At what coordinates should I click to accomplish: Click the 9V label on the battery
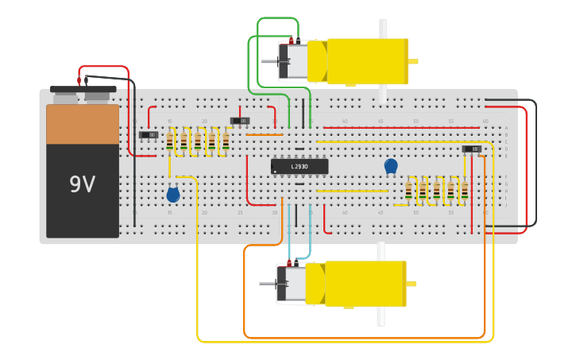[x=82, y=184]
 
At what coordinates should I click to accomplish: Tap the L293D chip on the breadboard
[x=300, y=166]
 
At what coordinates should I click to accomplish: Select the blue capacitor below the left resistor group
[x=172, y=194]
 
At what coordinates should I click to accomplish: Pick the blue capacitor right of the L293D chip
[x=391, y=165]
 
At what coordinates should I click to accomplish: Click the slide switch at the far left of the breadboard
[x=149, y=134]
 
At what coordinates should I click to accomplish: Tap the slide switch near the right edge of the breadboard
[x=472, y=149]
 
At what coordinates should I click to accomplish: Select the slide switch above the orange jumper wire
[x=240, y=121]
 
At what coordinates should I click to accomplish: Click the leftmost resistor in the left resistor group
[x=170, y=141]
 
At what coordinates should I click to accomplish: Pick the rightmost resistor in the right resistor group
[x=465, y=191]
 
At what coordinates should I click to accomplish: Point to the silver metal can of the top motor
[x=293, y=61]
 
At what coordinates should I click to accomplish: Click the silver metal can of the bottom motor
[x=292, y=284]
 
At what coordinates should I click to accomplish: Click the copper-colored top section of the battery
[x=83, y=124]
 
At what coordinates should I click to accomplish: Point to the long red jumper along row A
[x=401, y=127]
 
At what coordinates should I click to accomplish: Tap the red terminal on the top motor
[x=291, y=39]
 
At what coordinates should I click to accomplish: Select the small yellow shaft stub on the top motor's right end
[x=413, y=61]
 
